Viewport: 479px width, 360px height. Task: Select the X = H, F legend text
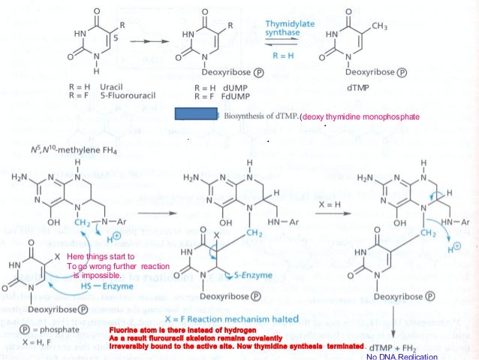pyautogui.click(x=31, y=341)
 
